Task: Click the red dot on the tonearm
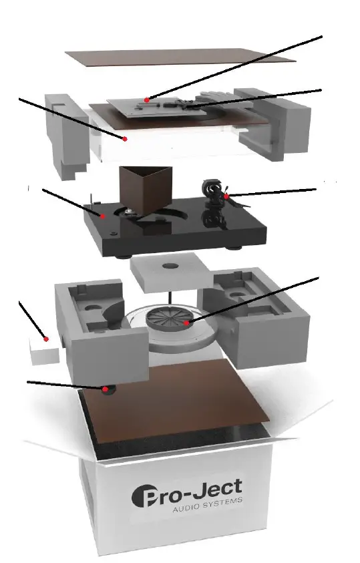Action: coord(227,197)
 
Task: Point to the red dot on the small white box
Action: coord(46,339)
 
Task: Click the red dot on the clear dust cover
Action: coord(124,138)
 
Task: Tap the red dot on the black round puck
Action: coord(105,388)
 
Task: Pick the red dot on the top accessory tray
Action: coord(147,99)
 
